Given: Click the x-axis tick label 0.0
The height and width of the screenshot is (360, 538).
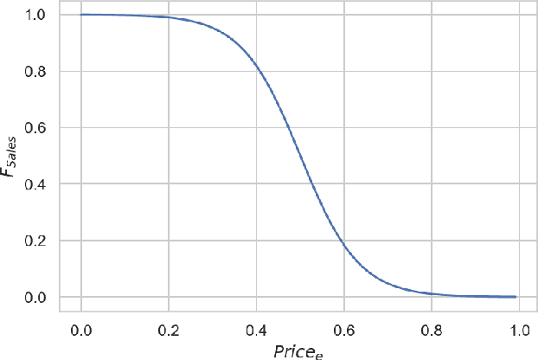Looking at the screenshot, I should pyautogui.click(x=80, y=331).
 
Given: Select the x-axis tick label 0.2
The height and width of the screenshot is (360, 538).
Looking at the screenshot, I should pyautogui.click(x=168, y=331).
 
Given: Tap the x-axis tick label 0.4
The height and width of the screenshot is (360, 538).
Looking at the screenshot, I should pyautogui.click(x=255, y=331).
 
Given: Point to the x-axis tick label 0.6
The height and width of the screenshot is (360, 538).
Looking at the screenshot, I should pyautogui.click(x=343, y=331).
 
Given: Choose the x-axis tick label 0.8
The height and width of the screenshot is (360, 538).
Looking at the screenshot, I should pyautogui.click(x=431, y=331).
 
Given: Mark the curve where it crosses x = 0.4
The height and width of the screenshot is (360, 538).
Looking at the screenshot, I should pyautogui.click(x=255, y=67).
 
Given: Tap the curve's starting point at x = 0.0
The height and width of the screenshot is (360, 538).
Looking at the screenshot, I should pyautogui.click(x=80, y=15).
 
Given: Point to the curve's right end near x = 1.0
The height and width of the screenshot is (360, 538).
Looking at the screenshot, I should pyautogui.click(x=516, y=296).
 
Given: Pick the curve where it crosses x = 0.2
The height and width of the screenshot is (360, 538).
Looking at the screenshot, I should pyautogui.click(x=168, y=17).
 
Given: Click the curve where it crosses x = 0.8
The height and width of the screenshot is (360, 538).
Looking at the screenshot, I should pyautogui.click(x=431, y=293).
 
